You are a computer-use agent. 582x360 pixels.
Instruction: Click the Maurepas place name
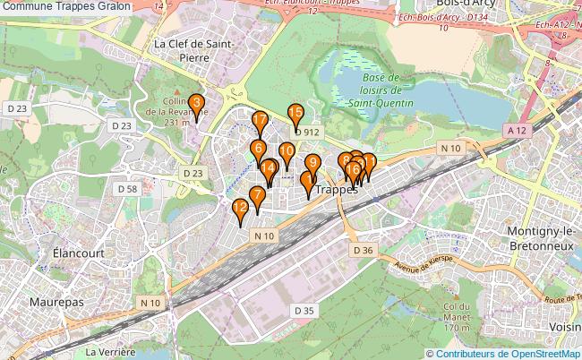[x=56, y=302]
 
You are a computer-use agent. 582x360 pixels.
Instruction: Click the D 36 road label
[x=363, y=250]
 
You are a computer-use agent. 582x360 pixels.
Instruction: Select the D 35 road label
[x=304, y=310]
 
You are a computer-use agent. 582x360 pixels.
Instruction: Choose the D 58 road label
[x=127, y=189]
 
